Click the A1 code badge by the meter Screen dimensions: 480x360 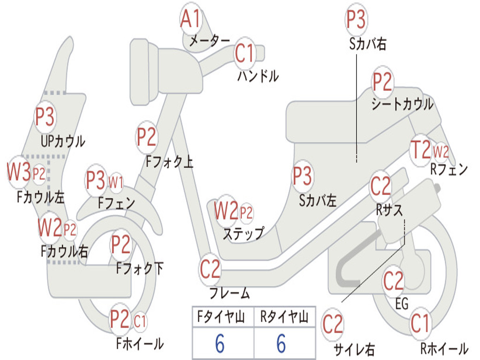point(191,18)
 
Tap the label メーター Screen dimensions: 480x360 point(209,40)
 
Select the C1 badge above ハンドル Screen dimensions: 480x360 point(245,53)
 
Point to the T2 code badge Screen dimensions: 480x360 point(420,150)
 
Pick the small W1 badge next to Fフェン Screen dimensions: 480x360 point(116,182)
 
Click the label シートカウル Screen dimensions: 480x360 point(402,104)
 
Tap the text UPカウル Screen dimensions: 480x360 point(63,142)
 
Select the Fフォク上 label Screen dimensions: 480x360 point(169,161)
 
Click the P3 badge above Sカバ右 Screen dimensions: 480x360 point(356,19)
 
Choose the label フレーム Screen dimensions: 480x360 point(229,292)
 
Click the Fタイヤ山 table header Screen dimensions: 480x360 point(221,316)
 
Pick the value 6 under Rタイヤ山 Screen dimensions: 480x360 point(281,344)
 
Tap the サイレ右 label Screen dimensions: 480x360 point(354,349)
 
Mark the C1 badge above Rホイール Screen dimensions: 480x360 point(420,323)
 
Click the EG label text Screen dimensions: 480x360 point(402,304)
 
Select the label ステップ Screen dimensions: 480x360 point(243,234)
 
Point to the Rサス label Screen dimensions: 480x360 point(389,210)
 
